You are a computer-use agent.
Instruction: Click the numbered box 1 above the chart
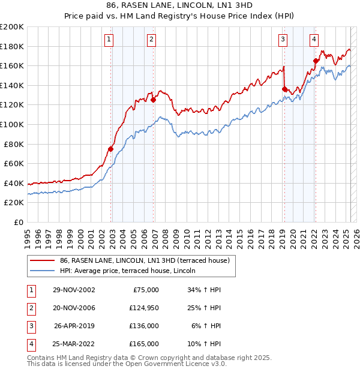tap(109, 40)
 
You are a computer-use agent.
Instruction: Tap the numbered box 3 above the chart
tap(283, 40)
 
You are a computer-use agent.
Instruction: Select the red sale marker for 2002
tap(111, 149)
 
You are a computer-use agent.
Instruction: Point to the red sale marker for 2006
tap(154, 100)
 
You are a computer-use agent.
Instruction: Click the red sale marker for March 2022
tap(316, 61)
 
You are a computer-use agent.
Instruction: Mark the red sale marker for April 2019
tap(284, 89)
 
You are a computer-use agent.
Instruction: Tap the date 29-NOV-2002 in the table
tap(74, 290)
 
